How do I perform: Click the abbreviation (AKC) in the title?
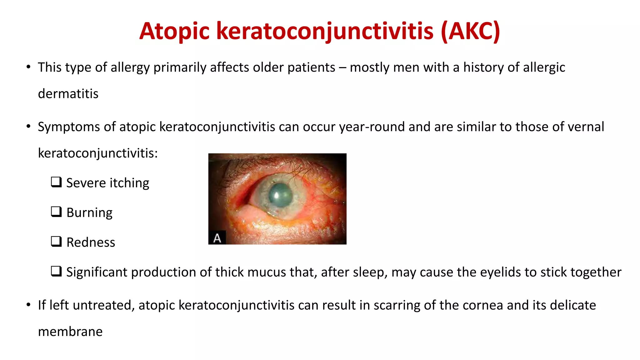(x=471, y=31)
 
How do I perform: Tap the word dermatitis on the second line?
(x=68, y=94)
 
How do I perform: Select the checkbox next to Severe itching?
(x=56, y=182)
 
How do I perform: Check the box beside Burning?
(x=56, y=212)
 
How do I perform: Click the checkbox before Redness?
(x=56, y=241)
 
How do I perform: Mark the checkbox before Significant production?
(x=56, y=271)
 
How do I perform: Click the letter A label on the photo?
(x=217, y=238)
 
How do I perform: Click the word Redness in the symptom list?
(x=91, y=242)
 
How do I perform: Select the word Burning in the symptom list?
(x=89, y=213)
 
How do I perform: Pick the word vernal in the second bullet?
(x=586, y=127)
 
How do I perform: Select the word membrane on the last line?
(x=70, y=332)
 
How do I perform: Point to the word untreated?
(x=104, y=305)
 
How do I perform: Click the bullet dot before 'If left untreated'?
(x=28, y=305)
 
